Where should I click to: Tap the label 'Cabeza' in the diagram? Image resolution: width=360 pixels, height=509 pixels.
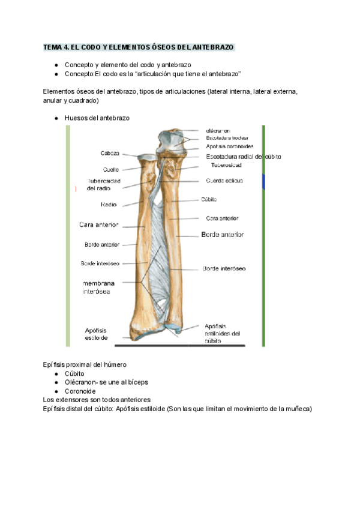(x=109, y=153)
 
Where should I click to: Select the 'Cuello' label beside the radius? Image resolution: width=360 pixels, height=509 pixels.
(x=111, y=169)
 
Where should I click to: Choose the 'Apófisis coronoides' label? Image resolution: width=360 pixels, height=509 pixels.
(x=229, y=146)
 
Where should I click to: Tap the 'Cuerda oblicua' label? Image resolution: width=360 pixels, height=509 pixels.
(x=223, y=180)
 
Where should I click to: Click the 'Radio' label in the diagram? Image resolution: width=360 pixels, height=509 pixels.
(x=109, y=205)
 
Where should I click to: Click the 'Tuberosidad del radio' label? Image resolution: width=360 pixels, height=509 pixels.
(x=104, y=184)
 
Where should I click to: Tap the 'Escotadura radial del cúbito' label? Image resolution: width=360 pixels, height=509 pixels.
(x=243, y=157)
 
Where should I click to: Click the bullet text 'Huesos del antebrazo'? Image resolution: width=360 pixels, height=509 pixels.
(x=97, y=118)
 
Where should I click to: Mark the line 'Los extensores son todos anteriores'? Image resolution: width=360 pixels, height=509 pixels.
(x=97, y=400)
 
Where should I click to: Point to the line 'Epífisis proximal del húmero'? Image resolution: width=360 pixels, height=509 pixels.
(x=85, y=364)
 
